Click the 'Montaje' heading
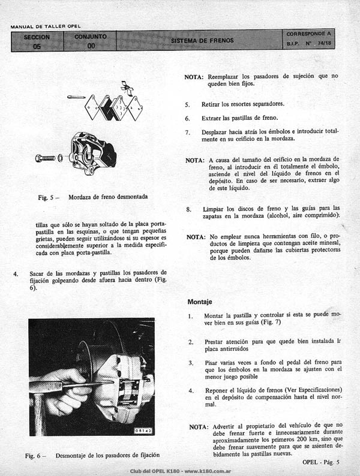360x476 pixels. point(200,302)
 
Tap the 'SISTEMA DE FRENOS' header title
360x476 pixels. point(202,40)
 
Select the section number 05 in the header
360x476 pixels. point(37,46)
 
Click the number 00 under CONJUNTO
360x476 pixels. point(91,46)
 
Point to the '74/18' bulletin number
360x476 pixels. point(325,43)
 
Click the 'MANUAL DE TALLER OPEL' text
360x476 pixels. point(46,27)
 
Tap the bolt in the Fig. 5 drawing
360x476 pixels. point(45,158)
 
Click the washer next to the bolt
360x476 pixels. point(60,158)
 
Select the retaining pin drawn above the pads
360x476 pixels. point(76,97)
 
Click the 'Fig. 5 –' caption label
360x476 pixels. point(49,198)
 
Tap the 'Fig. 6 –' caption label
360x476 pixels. point(35,456)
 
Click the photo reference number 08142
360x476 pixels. point(143,431)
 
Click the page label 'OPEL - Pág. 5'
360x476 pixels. point(321,462)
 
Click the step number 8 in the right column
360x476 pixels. point(188,209)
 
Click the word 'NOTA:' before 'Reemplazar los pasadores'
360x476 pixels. point(194,77)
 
